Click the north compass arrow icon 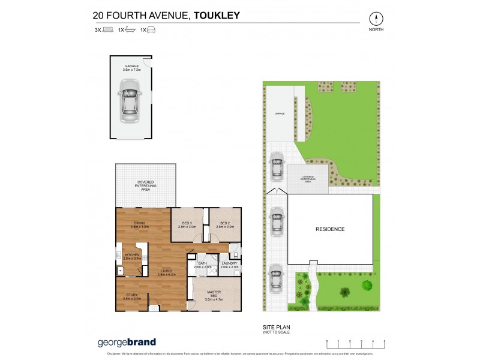click(377, 18)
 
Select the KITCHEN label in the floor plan click(131, 257)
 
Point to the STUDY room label click(131, 296)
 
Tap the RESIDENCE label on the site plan click(330, 229)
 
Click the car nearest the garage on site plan click(276, 166)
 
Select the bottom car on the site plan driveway click(276, 277)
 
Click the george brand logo click(127, 343)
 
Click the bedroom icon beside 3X click(108, 29)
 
